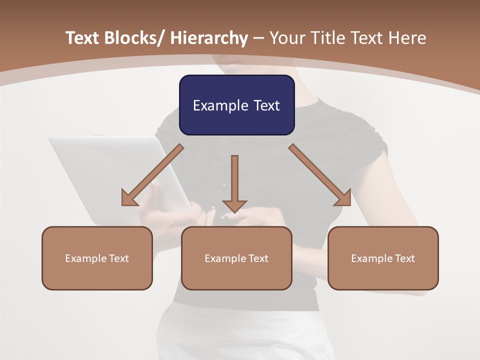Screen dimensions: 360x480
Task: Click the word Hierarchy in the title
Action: coord(209,38)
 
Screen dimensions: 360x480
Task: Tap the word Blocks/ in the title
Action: coord(133,38)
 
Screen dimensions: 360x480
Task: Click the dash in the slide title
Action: coord(259,38)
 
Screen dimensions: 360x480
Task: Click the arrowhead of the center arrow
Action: coord(234,206)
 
